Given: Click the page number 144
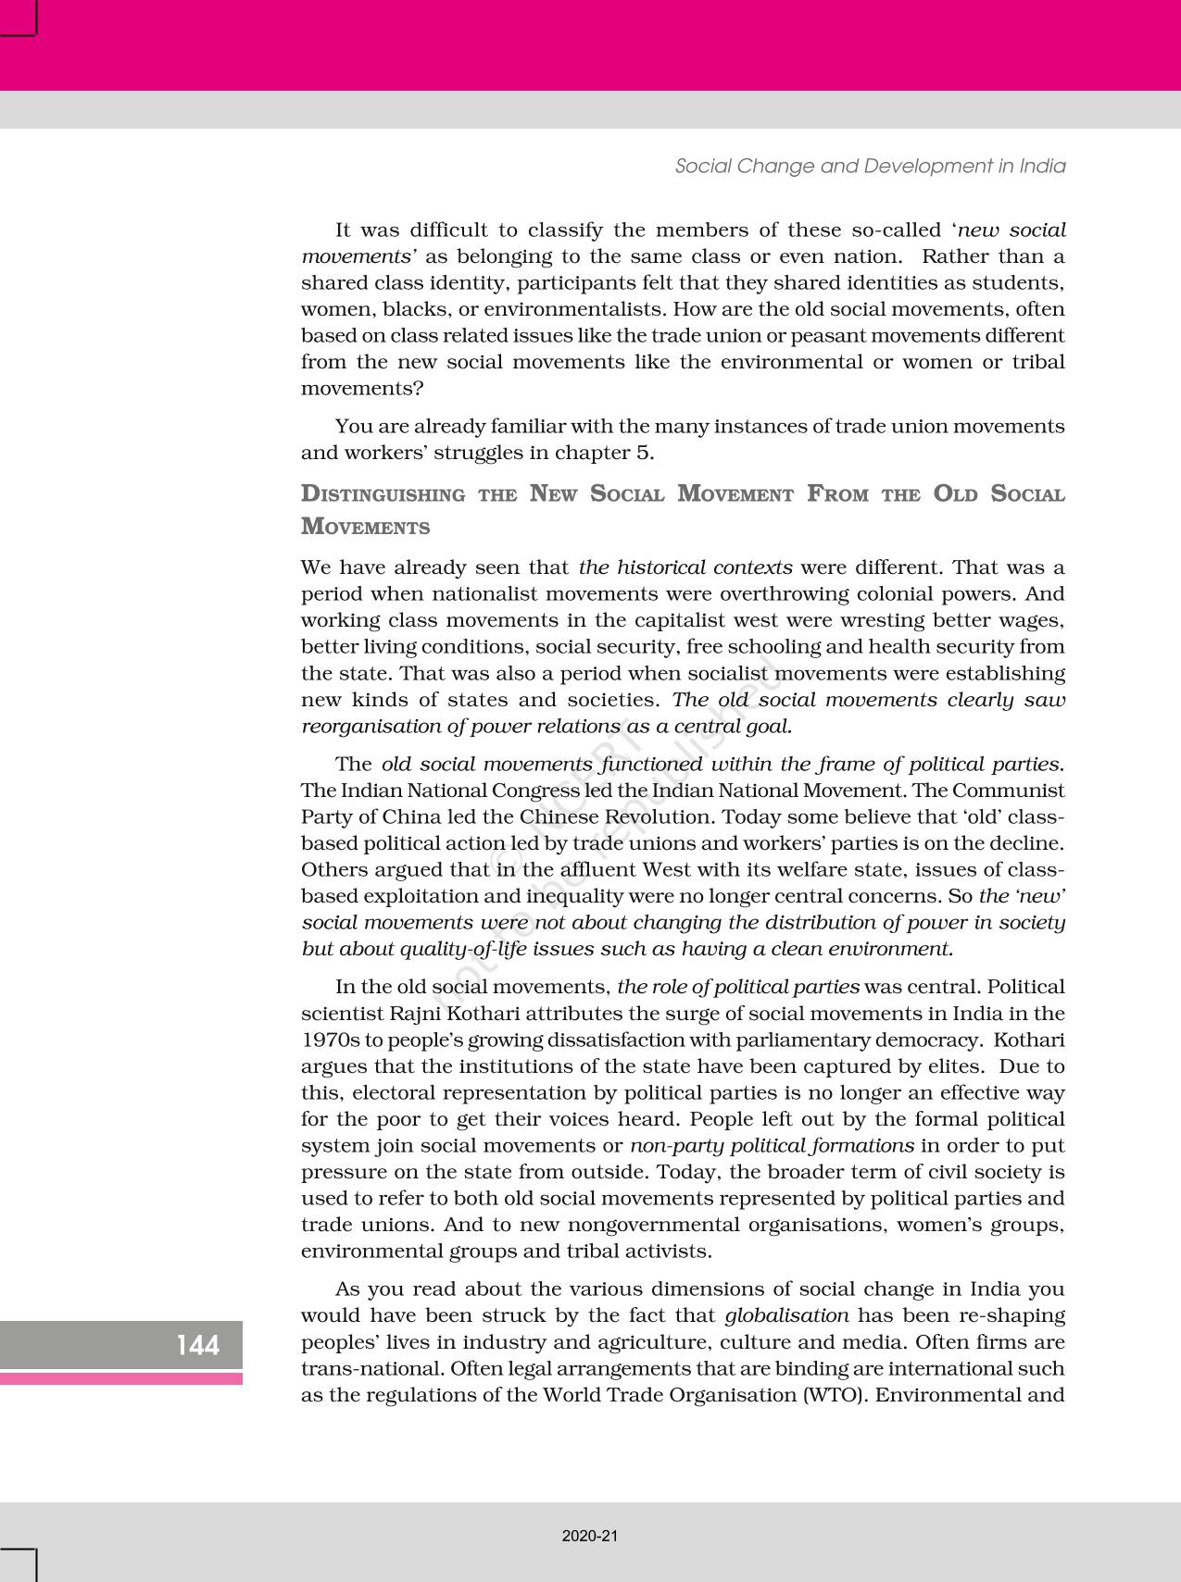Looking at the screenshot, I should pos(198,1344).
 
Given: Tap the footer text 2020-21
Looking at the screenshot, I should pos(590,1536).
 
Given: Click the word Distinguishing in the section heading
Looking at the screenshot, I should pos(383,494).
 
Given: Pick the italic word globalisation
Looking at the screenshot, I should pos(786,1315).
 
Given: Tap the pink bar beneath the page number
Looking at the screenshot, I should pos(121,1378).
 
